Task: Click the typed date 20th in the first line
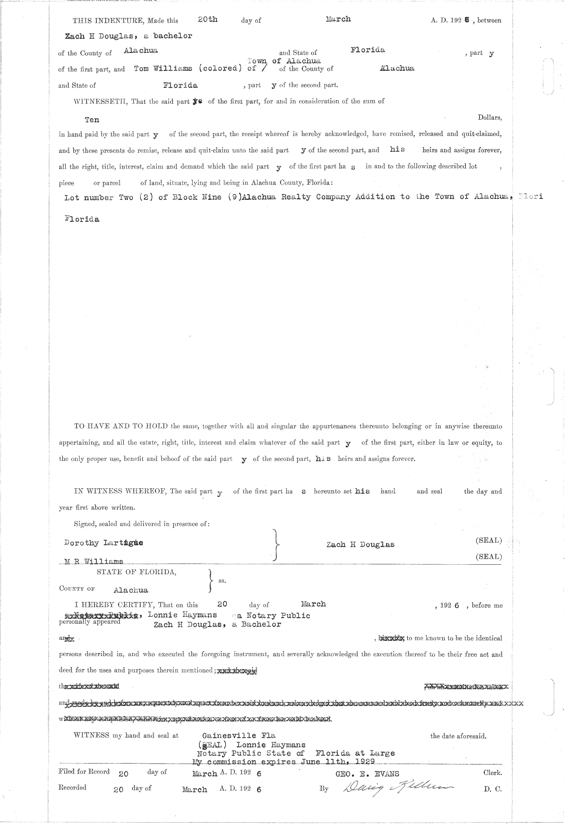pos(207,19)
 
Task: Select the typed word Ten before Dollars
pos(92,120)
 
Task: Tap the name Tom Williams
pos(163,68)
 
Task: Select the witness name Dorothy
pos(81,543)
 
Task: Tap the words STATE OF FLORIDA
pos(137,572)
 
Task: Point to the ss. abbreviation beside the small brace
pos(222,581)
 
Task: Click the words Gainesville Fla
pos(239,736)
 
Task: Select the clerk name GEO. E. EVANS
pos(367,773)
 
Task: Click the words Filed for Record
pos(84,772)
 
